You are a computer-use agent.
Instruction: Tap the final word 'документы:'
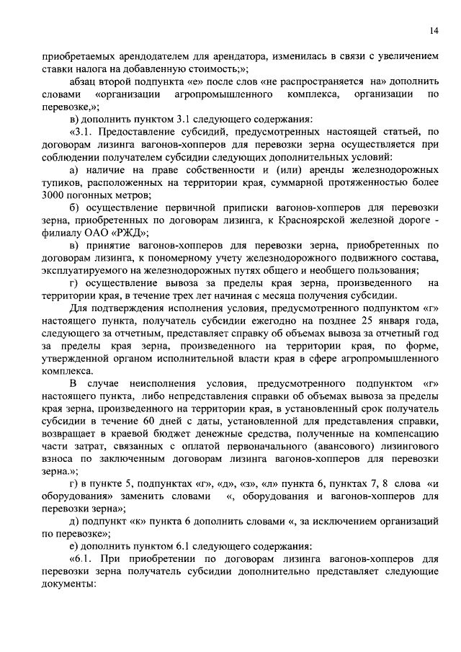[68, 586]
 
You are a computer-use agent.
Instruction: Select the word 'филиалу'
[61, 233]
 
